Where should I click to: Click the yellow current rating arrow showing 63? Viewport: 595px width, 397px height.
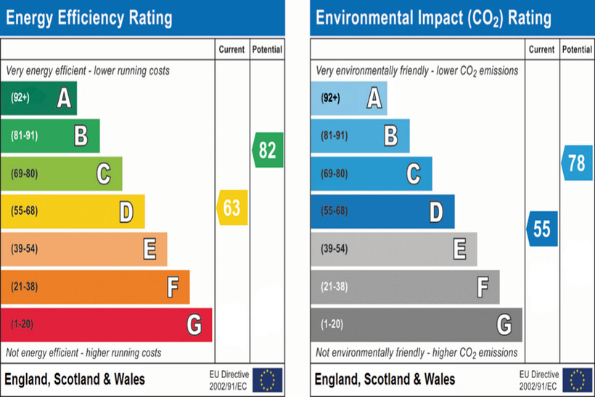pyautogui.click(x=232, y=208)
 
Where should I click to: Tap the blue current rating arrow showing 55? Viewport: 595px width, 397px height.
pyautogui.click(x=542, y=229)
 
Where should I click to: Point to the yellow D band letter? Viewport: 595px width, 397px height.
pyautogui.click(x=126, y=212)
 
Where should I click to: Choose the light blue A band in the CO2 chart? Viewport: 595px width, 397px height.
pyautogui.click(x=349, y=98)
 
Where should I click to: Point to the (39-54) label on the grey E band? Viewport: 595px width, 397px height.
pyautogui.click(x=335, y=249)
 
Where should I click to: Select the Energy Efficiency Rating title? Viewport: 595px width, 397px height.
pyautogui.click(x=89, y=18)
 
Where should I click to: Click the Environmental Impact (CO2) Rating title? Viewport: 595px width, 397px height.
pyautogui.click(x=433, y=18)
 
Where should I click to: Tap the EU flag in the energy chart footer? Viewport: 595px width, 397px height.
pyautogui.click(x=267, y=380)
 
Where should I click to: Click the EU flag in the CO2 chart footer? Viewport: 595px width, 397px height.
pyautogui.click(x=577, y=380)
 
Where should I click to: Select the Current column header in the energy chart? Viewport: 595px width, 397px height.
pyautogui.click(x=232, y=50)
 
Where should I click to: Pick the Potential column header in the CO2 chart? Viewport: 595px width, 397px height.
pyautogui.click(x=577, y=50)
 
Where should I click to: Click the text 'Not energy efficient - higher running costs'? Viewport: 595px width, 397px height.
pyautogui.click(x=84, y=353)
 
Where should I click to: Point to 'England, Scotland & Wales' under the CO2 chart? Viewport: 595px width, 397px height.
pyautogui.click(x=385, y=379)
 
